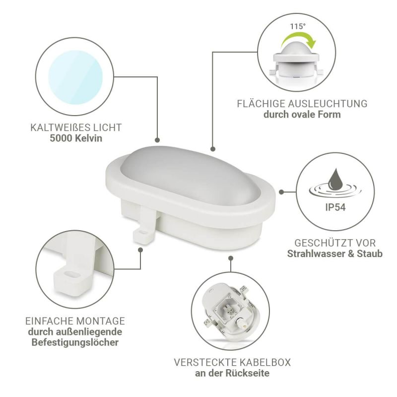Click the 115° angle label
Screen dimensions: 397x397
pos(298,26)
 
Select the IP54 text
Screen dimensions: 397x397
pos(335,207)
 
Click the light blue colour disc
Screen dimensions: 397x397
pos(75,77)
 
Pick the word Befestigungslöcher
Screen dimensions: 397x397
pos(75,342)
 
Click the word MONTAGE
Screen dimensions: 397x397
pos(101,321)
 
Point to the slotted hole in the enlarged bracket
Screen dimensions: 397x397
pos(72,274)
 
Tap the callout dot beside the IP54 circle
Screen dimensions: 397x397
pos(281,192)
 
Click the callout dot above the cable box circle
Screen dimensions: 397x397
pos(231,258)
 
